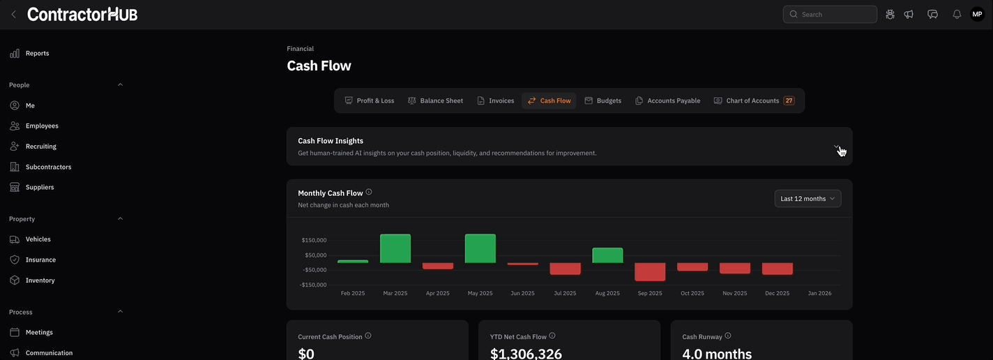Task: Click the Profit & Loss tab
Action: point(370,100)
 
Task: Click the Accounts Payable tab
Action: point(667,100)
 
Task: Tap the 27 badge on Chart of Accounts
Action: point(789,100)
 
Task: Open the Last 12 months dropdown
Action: point(808,199)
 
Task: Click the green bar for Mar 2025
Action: point(395,248)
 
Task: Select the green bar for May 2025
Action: point(480,248)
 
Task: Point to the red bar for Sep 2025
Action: point(650,272)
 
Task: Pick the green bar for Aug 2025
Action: point(607,255)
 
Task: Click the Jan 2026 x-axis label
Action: point(819,294)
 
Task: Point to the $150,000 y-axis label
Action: point(314,240)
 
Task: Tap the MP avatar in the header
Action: point(977,14)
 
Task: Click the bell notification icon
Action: point(957,14)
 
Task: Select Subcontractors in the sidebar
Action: point(48,167)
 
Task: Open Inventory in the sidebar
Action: point(40,280)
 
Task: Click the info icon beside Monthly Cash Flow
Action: point(369,193)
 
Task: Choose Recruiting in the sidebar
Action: point(40,147)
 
